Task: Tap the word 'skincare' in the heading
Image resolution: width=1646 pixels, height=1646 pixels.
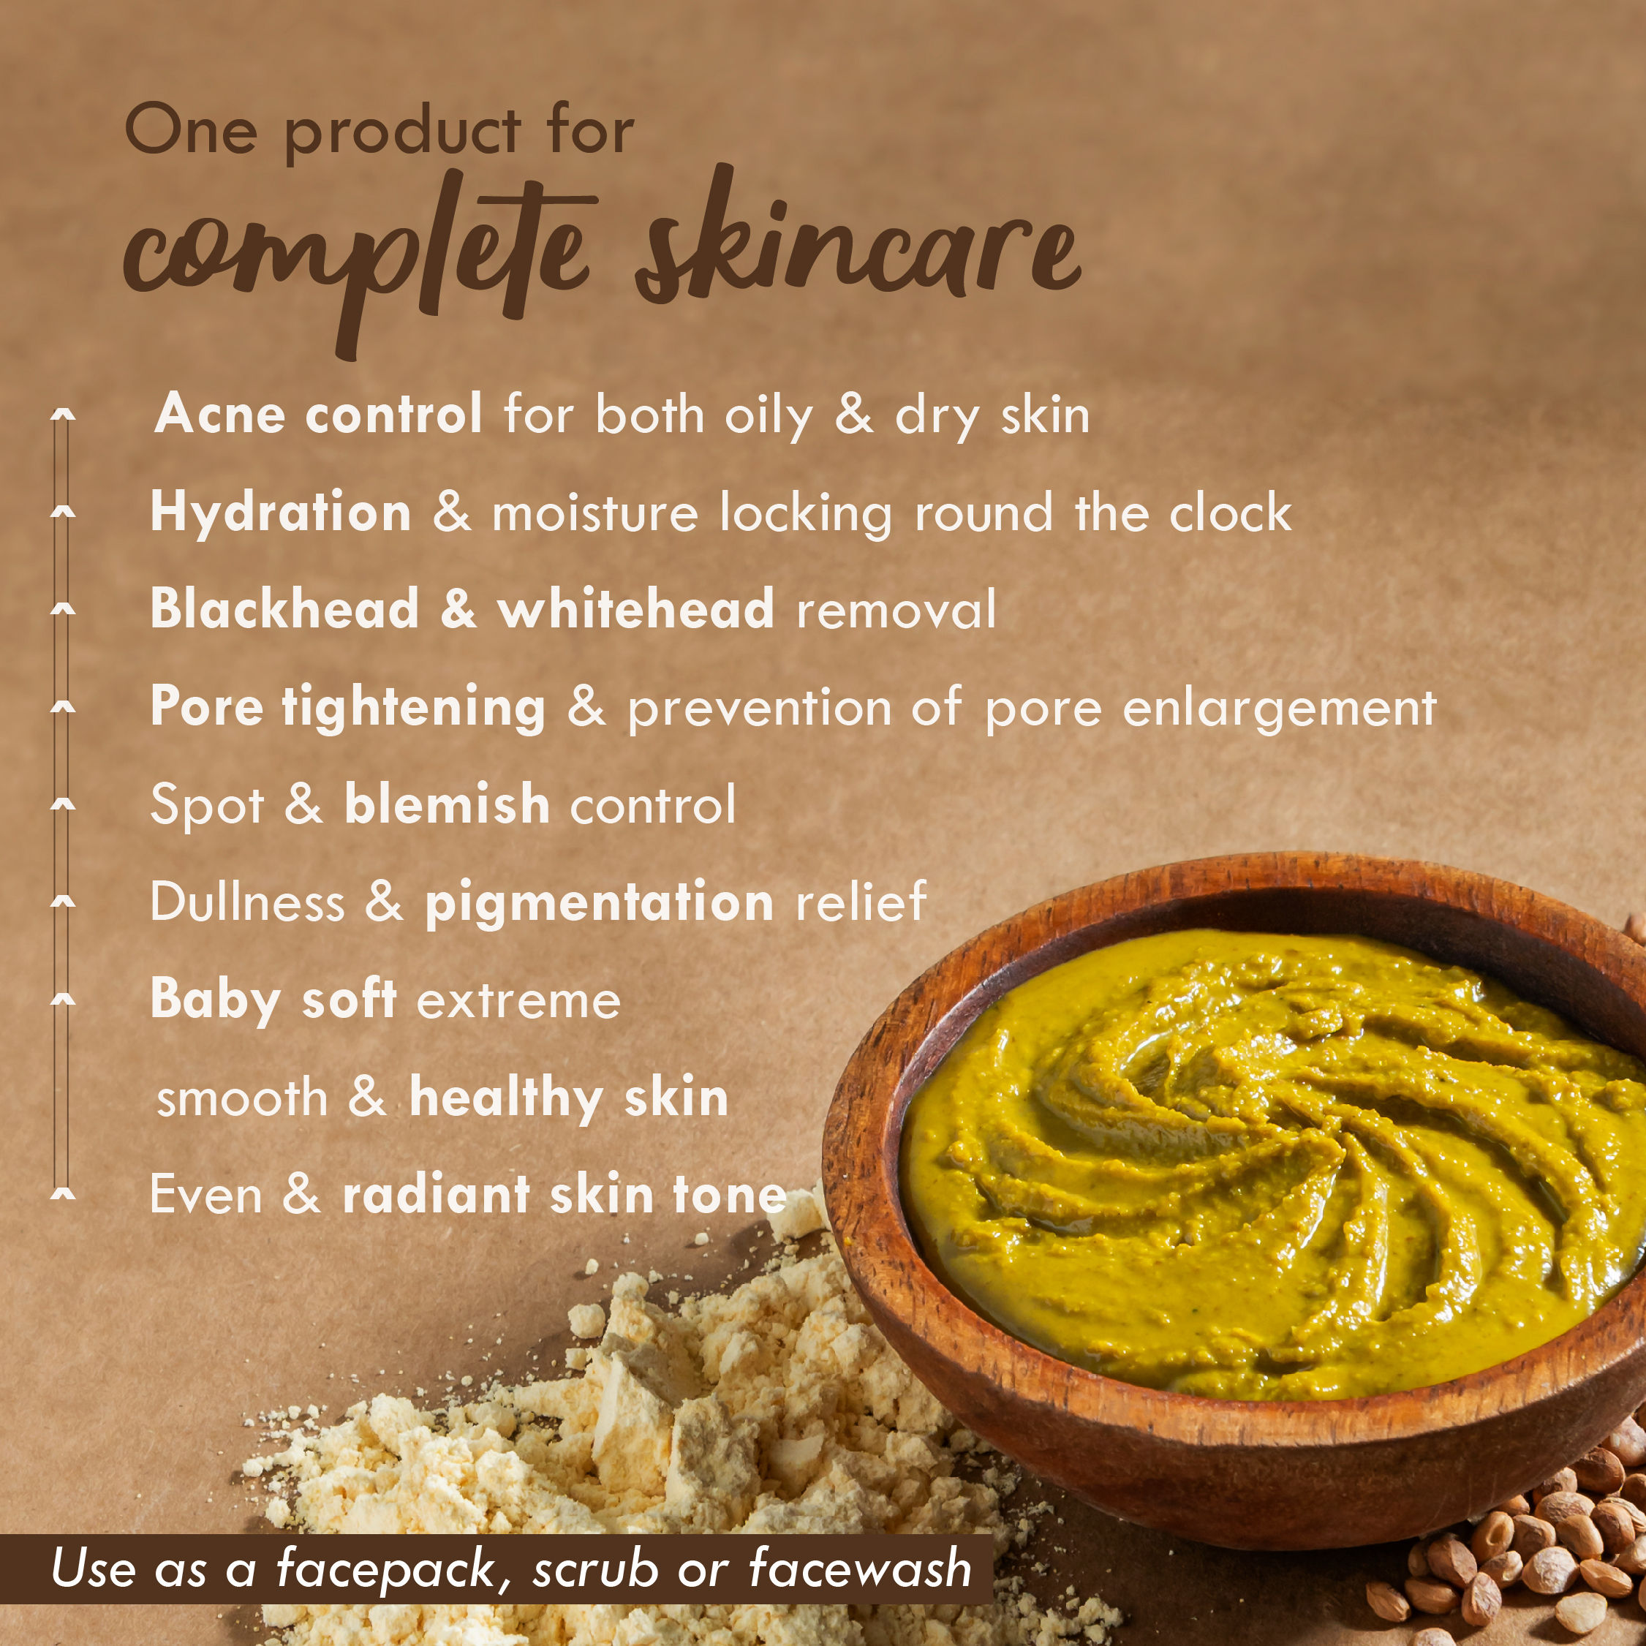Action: [x=857, y=238]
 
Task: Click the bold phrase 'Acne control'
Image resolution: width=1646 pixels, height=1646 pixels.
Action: [x=319, y=415]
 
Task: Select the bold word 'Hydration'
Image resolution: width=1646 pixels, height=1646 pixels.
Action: [x=281, y=512]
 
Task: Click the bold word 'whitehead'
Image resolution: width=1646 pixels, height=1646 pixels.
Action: [x=635, y=609]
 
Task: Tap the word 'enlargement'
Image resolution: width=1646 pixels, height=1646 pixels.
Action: [x=1279, y=709]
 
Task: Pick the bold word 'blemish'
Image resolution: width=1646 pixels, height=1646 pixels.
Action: [x=448, y=804]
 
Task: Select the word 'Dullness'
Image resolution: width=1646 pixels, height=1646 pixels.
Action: [x=247, y=902]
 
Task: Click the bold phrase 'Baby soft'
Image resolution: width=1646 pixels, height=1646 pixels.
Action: [x=273, y=1001]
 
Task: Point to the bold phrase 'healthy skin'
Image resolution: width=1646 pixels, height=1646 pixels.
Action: [x=569, y=1099]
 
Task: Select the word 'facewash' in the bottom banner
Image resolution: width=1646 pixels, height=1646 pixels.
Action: [x=861, y=1568]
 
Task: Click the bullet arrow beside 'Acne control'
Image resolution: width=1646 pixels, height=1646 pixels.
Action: [x=63, y=415]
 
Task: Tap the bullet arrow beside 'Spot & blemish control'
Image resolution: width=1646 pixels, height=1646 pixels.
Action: [x=63, y=804]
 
